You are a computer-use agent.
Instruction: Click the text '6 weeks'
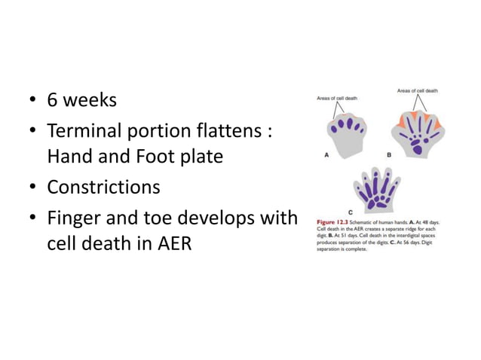click(x=81, y=99)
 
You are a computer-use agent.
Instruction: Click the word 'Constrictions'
click(x=103, y=186)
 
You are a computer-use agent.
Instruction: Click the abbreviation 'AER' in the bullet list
click(x=172, y=246)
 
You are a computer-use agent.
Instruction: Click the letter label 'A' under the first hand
click(x=326, y=155)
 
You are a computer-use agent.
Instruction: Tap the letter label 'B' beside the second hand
click(x=389, y=155)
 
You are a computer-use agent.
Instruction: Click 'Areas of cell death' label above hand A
click(x=336, y=98)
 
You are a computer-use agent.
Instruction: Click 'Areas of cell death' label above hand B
click(x=418, y=91)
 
